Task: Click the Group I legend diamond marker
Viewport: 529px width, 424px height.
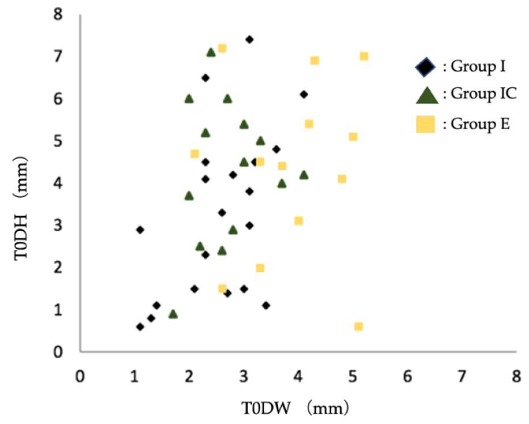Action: tap(425, 67)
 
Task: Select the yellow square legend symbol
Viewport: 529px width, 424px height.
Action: tap(425, 124)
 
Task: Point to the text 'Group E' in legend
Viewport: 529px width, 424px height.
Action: tap(480, 124)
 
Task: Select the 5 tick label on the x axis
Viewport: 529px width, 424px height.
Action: tap(352, 376)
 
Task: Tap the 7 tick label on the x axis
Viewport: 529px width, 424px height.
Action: tap(462, 376)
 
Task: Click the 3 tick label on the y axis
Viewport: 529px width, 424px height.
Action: tap(58, 226)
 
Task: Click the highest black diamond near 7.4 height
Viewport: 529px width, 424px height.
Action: tap(250, 40)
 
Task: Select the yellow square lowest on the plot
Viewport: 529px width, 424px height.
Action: tap(358, 327)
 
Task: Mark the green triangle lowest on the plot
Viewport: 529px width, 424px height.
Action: tap(173, 314)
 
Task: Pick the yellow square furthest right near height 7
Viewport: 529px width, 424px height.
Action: tap(364, 56)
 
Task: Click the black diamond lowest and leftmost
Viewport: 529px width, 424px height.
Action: tap(140, 327)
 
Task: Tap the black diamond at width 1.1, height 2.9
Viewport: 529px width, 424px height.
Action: tap(140, 230)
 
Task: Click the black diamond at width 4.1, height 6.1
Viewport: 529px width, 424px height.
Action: tap(304, 94)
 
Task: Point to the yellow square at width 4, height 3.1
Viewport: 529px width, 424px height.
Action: tap(298, 221)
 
